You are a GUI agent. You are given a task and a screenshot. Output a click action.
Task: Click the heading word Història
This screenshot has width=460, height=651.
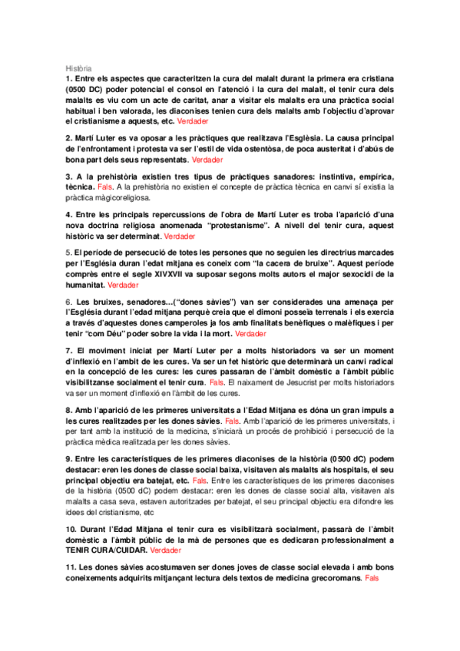click(x=78, y=68)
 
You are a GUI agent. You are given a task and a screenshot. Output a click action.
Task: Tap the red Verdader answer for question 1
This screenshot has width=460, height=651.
click(x=191, y=121)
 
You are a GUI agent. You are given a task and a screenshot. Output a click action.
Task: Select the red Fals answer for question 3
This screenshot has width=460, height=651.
click(x=105, y=187)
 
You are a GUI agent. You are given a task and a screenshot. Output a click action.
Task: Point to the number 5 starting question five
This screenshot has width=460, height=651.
click(x=68, y=252)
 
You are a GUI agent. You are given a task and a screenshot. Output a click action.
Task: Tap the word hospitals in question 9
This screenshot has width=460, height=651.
click(x=354, y=468)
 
